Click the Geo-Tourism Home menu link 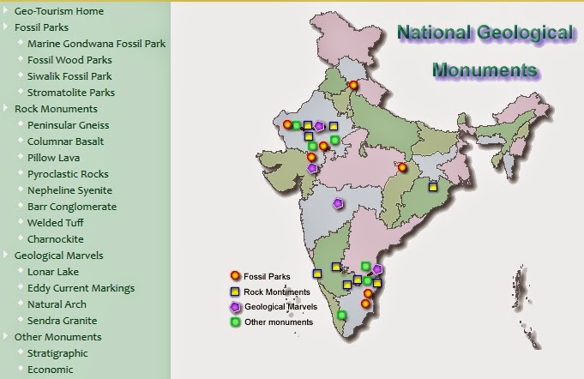tap(59, 11)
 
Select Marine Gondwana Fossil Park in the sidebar tap(96, 43)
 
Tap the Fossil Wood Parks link tap(69, 60)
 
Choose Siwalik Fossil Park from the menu tap(69, 76)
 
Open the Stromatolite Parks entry tap(71, 93)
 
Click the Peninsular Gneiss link tap(69, 125)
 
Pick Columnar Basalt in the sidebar tap(65, 141)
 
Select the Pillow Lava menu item tap(53, 158)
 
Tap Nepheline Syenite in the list tap(69, 190)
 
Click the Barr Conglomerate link tap(72, 207)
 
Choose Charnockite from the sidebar tap(56, 239)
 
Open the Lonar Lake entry tap(53, 272)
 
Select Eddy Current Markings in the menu tap(81, 288)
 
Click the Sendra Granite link tap(63, 321)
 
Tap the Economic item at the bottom tap(51, 370)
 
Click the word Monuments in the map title tap(485, 69)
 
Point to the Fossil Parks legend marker tap(234, 276)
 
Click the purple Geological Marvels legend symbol tap(234, 307)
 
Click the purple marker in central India tap(338, 203)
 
